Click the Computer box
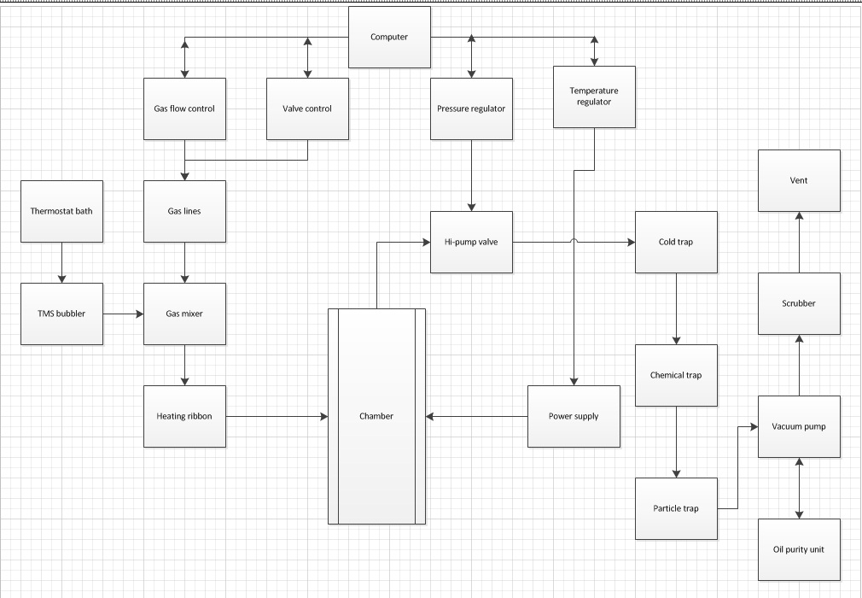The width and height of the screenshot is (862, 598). point(389,38)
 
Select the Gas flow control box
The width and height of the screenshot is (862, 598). point(184,108)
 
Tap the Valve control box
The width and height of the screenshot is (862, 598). point(307,108)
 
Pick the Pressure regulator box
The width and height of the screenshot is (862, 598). point(471,108)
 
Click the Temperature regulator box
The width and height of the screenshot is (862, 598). point(594,97)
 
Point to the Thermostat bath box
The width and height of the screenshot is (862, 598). point(61,211)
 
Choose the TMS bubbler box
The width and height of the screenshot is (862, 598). point(61,314)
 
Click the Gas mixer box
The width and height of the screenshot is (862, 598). point(184,314)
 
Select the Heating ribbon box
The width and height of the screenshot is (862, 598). point(184,416)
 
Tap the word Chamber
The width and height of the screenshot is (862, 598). point(376,416)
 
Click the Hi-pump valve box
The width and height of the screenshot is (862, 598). point(471,242)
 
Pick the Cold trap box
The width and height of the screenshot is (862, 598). point(676,242)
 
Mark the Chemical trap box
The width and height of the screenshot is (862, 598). point(676,375)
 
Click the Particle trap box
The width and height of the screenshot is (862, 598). point(676,508)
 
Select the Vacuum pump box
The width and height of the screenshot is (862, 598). point(799,426)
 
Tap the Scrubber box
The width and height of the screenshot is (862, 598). point(799,303)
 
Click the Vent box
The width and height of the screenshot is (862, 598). point(799,180)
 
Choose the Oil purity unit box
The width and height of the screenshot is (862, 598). point(799,549)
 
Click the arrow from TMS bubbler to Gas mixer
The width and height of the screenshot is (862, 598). point(123,314)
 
